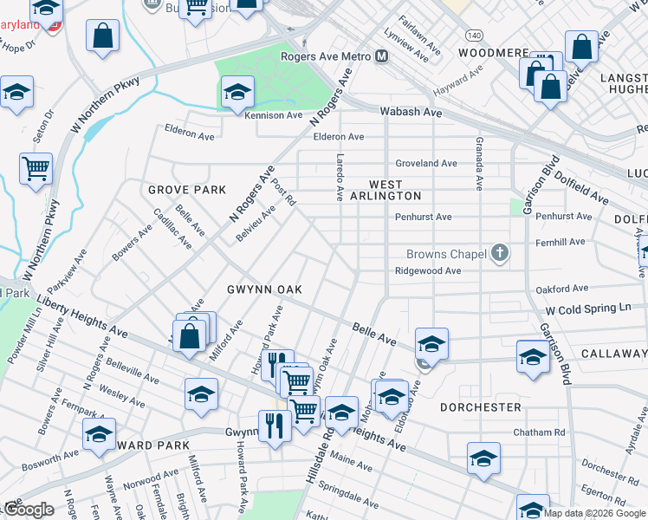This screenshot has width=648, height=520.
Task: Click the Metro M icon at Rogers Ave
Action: pyautogui.click(x=382, y=57)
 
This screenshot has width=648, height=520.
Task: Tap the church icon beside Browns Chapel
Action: pyautogui.click(x=499, y=253)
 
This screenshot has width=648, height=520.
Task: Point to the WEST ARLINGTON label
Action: pyautogui.click(x=386, y=190)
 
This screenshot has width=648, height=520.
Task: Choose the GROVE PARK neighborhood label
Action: pyautogui.click(x=186, y=190)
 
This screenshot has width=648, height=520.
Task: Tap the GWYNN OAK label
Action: pyautogui.click(x=263, y=289)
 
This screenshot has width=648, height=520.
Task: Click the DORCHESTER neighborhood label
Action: pyautogui.click(x=480, y=406)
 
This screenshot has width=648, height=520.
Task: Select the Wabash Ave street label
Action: pyautogui.click(x=411, y=113)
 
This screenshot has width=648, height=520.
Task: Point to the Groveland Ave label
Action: pyautogui.click(x=425, y=163)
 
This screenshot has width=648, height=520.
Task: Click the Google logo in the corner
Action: pyautogui.click(x=29, y=510)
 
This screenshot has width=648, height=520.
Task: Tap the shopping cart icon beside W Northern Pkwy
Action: pyautogui.click(x=36, y=168)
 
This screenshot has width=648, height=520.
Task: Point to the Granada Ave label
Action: pyautogui.click(x=477, y=163)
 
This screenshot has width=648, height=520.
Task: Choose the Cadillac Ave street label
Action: pyautogui.click(x=172, y=229)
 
